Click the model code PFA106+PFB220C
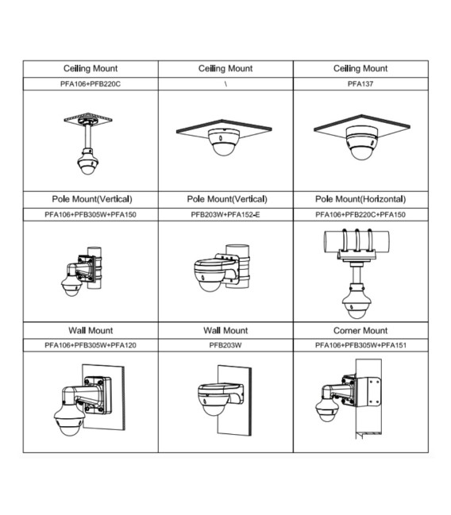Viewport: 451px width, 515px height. [x=91, y=84]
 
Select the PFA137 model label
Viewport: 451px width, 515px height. [x=360, y=84]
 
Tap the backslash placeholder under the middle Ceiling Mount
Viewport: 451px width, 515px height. [x=225, y=84]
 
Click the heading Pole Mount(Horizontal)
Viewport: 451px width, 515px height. [x=360, y=199]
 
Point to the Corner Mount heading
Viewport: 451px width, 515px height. [x=360, y=330]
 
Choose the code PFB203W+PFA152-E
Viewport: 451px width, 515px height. [x=225, y=215]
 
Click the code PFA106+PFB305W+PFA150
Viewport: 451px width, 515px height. [x=91, y=215]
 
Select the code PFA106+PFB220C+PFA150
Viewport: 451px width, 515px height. [x=360, y=215]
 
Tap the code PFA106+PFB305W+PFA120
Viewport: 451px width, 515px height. [x=91, y=345]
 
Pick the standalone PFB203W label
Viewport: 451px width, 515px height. [x=225, y=345]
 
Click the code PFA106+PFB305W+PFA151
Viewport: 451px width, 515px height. [x=360, y=345]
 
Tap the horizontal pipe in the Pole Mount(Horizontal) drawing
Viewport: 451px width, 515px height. [x=357, y=241]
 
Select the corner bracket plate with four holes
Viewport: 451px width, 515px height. [x=368, y=392]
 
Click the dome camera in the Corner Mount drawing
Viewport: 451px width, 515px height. [x=327, y=408]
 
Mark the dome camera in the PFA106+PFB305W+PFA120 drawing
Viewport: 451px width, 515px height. [x=70, y=420]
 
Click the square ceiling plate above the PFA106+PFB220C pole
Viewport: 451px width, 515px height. [x=88, y=118]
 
